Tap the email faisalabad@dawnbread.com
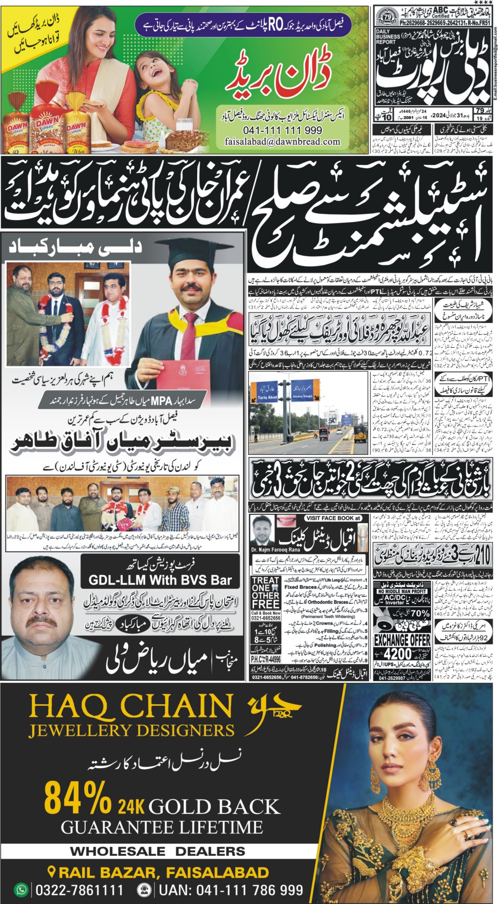click(x=282, y=142)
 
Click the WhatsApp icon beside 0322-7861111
click(x=21, y=889)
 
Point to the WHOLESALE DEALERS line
click(x=158, y=851)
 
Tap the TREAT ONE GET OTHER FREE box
click(x=265, y=592)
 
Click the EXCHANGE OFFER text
click(x=402, y=640)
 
